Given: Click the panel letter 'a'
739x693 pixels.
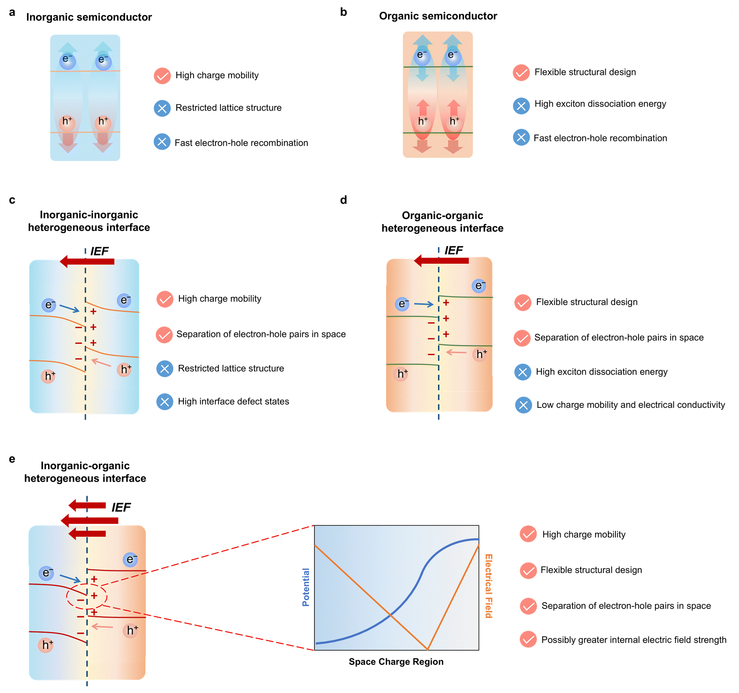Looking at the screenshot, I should (x=12, y=13).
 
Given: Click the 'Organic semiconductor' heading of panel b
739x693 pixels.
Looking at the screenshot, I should (x=438, y=16).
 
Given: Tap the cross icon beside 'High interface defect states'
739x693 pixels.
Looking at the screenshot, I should (x=165, y=402).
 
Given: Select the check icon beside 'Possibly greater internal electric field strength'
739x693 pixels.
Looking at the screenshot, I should (x=528, y=639).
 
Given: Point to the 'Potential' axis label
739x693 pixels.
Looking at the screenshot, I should (x=306, y=587).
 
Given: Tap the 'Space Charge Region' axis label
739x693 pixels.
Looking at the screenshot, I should (x=396, y=662).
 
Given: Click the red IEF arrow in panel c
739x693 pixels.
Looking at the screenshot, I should (x=87, y=261).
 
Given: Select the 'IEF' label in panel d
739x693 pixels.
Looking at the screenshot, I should (x=454, y=250).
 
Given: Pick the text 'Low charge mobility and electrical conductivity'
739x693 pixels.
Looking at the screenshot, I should (x=630, y=405).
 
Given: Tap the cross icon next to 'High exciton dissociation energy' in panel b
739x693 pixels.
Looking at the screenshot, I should (x=521, y=106).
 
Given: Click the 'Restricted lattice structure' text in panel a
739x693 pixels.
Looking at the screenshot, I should (x=228, y=108).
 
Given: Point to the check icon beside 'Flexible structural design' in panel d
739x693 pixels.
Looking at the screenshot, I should (x=523, y=303).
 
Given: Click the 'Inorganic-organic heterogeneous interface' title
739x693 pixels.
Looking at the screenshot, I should (x=85, y=472).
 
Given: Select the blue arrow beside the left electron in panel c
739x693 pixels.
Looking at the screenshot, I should (x=70, y=309).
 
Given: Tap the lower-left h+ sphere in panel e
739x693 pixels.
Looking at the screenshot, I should (x=46, y=645).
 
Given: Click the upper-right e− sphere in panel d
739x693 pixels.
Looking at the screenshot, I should (x=479, y=286).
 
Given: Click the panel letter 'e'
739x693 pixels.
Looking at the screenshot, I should (x=12, y=459).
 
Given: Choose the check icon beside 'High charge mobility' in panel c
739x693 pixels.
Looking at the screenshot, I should (x=165, y=299).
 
